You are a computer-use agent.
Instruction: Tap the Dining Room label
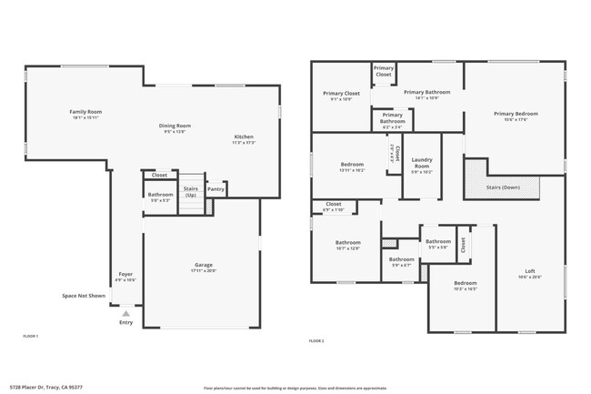(x=175, y=126)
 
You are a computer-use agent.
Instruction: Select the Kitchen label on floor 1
(x=244, y=137)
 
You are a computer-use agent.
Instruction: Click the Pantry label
(x=215, y=189)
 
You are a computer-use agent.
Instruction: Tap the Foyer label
(x=125, y=274)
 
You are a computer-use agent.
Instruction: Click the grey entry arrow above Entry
(x=125, y=313)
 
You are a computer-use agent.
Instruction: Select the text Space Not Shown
(x=84, y=296)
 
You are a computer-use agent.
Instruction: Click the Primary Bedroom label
(x=516, y=114)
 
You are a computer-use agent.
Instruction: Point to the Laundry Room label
(x=422, y=163)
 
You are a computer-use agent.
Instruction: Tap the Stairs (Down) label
(x=503, y=187)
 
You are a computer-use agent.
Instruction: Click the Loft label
(x=529, y=271)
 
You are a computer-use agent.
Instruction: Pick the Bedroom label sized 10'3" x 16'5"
(x=465, y=283)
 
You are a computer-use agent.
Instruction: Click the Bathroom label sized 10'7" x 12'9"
(x=347, y=242)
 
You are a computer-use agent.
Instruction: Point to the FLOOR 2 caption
(x=316, y=340)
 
